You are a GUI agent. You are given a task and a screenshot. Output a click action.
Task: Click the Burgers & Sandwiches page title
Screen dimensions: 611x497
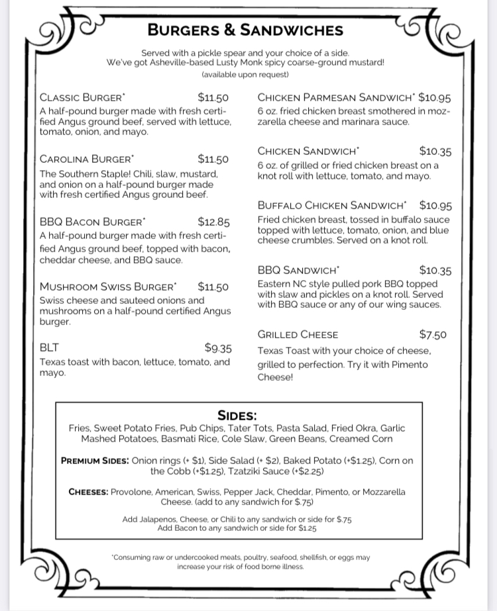[x=245, y=30]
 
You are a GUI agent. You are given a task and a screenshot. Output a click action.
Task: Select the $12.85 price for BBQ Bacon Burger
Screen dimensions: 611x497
[x=213, y=222]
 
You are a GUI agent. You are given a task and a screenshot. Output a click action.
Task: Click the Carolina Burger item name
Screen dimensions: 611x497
[x=86, y=160]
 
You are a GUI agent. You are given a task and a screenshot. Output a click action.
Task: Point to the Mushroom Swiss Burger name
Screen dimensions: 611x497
[x=108, y=287]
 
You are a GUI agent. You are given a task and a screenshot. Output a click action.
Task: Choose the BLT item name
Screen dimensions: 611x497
[x=50, y=348]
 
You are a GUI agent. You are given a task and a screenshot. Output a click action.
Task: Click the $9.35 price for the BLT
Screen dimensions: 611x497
[x=218, y=348]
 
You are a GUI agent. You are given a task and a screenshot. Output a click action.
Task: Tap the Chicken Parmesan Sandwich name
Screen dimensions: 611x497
[x=336, y=97]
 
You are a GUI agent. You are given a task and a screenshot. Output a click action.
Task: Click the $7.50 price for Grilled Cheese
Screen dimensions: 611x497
[x=433, y=334]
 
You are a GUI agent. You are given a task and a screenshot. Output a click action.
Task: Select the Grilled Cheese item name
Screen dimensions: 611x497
[x=298, y=334]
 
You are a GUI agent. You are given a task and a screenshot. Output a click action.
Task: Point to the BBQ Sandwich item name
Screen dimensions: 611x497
[x=298, y=270]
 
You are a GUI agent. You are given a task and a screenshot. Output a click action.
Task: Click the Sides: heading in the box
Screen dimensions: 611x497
[x=237, y=416]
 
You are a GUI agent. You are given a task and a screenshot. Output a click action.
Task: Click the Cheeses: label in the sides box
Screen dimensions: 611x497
[x=88, y=492]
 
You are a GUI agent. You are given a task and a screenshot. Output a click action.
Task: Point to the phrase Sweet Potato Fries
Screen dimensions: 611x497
[x=133, y=428]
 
